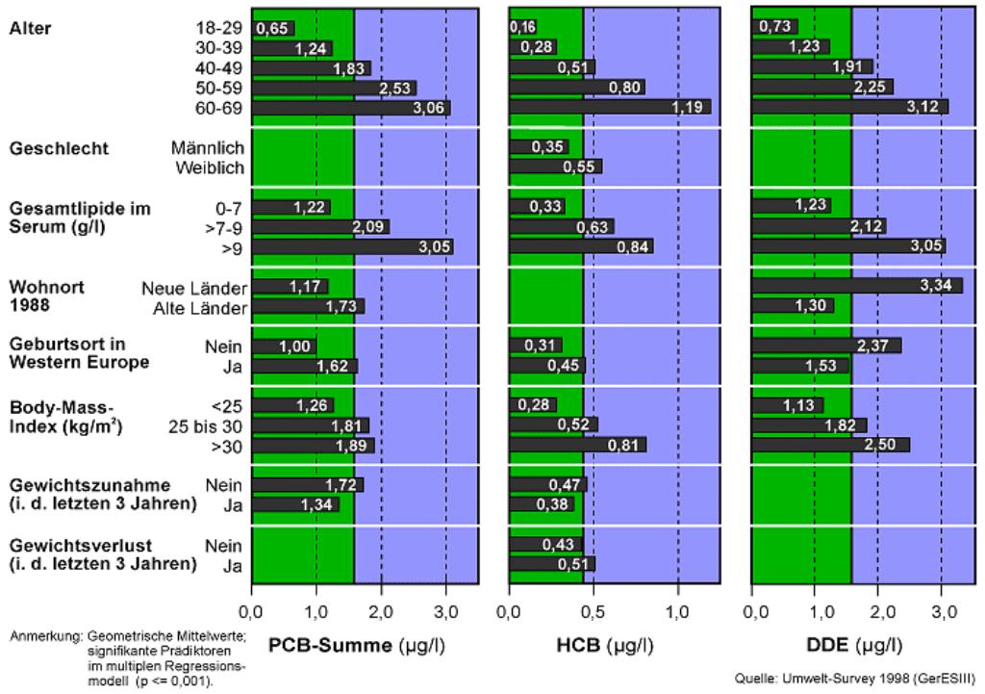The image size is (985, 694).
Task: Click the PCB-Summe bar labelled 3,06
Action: [x=351, y=108]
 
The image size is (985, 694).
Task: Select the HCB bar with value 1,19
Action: [x=610, y=108]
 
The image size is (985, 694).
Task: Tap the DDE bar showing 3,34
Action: [x=856, y=286]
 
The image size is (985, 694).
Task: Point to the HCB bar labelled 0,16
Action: [x=523, y=27]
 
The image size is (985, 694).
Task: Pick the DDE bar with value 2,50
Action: [x=830, y=445]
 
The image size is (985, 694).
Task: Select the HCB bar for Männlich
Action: [x=539, y=147]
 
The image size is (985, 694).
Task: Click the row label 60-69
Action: [x=220, y=108]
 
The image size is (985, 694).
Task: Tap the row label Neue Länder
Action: [x=194, y=288]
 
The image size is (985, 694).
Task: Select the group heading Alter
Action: [x=30, y=29]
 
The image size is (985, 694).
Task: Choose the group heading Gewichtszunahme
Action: [x=76, y=484]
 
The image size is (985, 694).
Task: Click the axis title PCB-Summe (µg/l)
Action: [x=356, y=645]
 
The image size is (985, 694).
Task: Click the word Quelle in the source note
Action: [x=755, y=679]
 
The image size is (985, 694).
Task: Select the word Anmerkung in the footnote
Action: [x=45, y=637]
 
